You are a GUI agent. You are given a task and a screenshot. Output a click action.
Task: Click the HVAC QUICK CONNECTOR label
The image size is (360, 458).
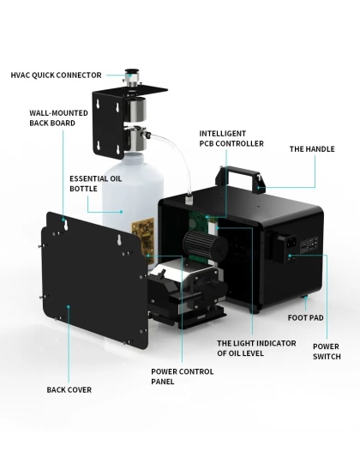(56, 75)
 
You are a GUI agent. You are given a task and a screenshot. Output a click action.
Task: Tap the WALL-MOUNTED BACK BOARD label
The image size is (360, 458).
(58, 118)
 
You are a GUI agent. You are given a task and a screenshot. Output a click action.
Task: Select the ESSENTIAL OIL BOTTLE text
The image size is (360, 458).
(95, 184)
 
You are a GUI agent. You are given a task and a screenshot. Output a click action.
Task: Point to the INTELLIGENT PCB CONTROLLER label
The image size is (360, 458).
(231, 138)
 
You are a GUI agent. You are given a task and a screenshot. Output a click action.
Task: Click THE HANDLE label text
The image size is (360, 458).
(312, 149)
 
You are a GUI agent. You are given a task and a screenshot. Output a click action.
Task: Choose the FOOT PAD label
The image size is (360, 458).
(305, 317)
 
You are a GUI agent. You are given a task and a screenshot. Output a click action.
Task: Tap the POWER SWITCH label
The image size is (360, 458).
(327, 352)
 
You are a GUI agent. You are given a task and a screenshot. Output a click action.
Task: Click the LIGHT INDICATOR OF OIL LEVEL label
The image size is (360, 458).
(256, 348)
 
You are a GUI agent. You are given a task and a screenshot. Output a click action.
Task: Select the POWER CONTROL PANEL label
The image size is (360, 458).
(183, 377)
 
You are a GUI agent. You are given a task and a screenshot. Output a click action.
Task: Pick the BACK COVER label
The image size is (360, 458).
(69, 389)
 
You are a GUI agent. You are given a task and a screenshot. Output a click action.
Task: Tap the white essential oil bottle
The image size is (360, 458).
(132, 204)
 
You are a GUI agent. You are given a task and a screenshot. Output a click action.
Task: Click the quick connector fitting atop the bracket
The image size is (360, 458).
(132, 78)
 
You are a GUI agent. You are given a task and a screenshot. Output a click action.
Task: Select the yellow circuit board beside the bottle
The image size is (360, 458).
(143, 237)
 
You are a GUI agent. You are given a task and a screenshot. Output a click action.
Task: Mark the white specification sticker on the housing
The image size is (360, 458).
(309, 244)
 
